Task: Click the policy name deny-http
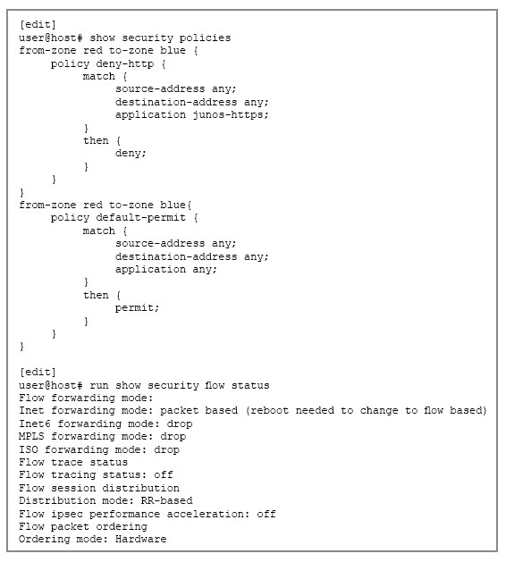click(x=125, y=64)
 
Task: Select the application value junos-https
click(x=231, y=115)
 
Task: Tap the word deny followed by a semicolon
click(x=131, y=153)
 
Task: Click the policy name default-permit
click(x=141, y=218)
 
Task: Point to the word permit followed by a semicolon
click(x=137, y=308)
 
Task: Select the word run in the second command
click(x=99, y=386)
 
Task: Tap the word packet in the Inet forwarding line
click(x=180, y=411)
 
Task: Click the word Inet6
click(x=35, y=424)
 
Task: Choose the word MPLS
click(x=31, y=437)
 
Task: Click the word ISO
click(x=29, y=449)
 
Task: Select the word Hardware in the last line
click(x=141, y=539)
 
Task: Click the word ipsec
click(x=67, y=515)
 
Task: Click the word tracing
click(x=73, y=475)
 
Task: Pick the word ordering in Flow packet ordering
click(x=122, y=527)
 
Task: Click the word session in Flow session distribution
click(x=73, y=488)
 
